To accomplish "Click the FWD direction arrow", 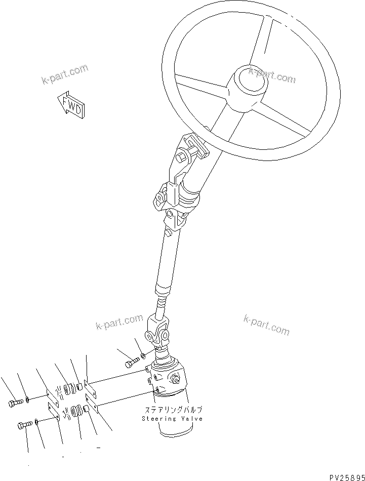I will click(70, 104).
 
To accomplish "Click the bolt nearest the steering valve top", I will click(131, 363).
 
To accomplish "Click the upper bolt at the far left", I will click(15, 403).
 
